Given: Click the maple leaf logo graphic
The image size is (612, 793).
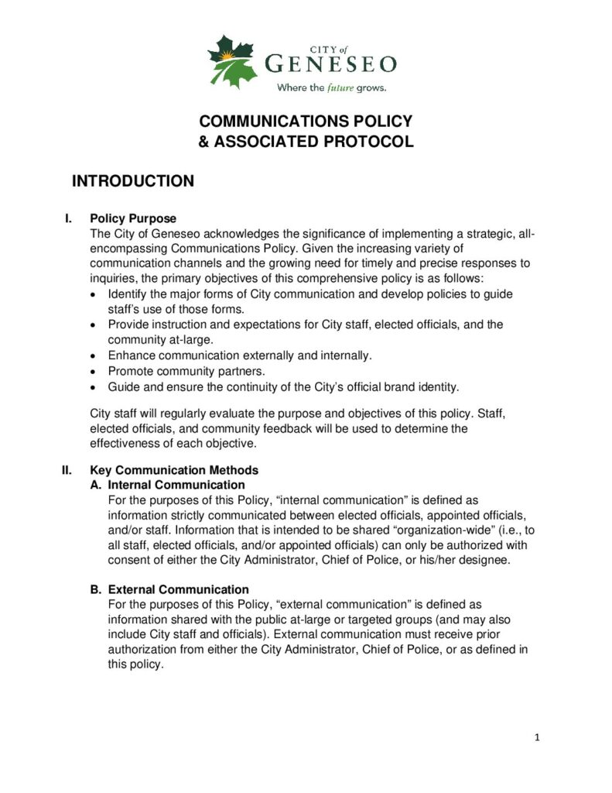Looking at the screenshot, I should pyautogui.click(x=231, y=61).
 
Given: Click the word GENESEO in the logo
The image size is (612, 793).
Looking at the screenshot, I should pyautogui.click(x=331, y=64).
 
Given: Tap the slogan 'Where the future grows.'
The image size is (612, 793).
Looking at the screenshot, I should pyautogui.click(x=332, y=88).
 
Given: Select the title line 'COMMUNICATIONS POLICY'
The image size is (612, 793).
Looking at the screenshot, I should pyautogui.click(x=306, y=122).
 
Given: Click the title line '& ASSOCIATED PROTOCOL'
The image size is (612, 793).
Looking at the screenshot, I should pyautogui.click(x=306, y=142).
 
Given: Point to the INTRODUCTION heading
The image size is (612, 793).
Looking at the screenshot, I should pyautogui.click(x=132, y=181).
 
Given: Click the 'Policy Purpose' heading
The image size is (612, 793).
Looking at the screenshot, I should pyautogui.click(x=133, y=219).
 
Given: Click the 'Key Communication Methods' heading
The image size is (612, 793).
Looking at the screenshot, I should pyautogui.click(x=174, y=470).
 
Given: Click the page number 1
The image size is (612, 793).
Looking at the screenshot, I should pyautogui.click(x=537, y=737).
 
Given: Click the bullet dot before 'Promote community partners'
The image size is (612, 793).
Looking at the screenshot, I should pyautogui.click(x=94, y=371).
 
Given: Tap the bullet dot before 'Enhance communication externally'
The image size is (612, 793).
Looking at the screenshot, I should pyautogui.click(x=94, y=355).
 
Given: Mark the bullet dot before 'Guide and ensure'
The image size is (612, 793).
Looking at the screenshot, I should pyautogui.click(x=94, y=386).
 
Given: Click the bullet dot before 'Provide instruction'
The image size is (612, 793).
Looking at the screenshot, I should pyautogui.click(x=94, y=325).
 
